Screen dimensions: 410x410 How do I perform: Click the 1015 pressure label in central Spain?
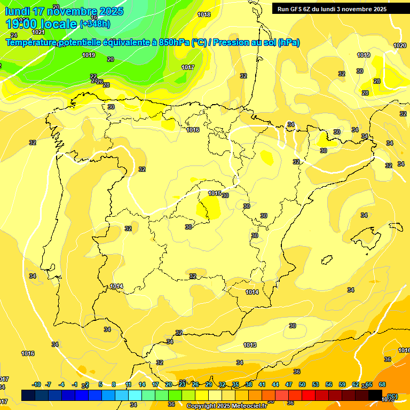click(x=215, y=193)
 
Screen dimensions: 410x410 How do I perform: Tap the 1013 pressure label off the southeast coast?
click(x=250, y=345)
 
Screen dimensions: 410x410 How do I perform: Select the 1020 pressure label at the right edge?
click(x=400, y=45)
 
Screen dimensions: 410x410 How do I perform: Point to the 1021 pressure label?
click(x=38, y=32)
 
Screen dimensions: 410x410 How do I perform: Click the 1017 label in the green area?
click(x=187, y=67)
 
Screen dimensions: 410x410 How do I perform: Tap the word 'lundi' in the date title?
click(x=18, y=11)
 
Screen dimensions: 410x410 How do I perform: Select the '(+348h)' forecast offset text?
click(x=94, y=24)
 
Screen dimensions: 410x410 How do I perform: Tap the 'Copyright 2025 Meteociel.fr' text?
click(x=226, y=406)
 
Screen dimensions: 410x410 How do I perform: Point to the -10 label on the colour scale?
click(x=36, y=384)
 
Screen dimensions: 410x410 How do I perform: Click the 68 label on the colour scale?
click(x=382, y=384)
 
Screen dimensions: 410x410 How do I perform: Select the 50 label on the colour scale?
click(x=302, y=384)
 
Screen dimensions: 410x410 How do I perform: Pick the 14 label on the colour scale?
click(x=142, y=384)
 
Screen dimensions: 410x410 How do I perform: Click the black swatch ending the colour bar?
click(x=375, y=395)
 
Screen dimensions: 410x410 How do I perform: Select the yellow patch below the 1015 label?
click(x=209, y=209)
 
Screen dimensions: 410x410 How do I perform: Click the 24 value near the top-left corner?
click(x=13, y=35)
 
